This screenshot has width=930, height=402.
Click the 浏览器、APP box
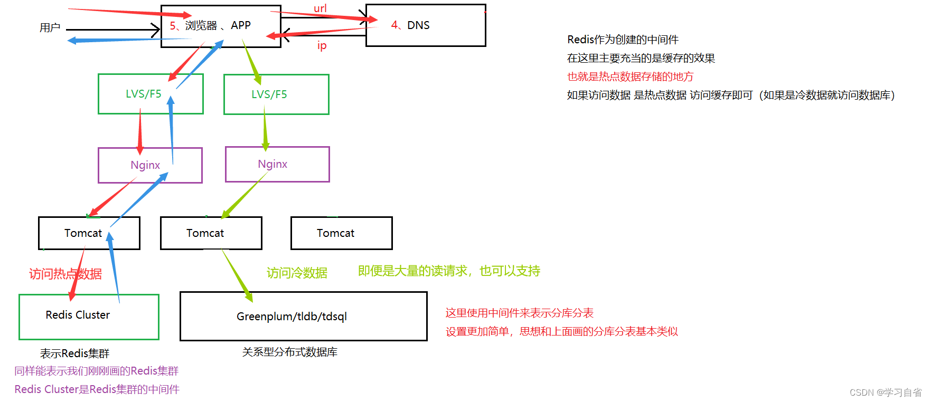(x=221, y=26)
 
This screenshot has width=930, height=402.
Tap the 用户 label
(x=50, y=27)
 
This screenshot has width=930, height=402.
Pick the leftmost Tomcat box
(x=83, y=233)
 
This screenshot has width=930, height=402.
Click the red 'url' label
(x=320, y=8)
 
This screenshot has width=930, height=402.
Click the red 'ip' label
(x=322, y=45)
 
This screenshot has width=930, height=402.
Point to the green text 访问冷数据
(x=297, y=273)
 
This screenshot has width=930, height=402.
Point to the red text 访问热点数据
(x=65, y=274)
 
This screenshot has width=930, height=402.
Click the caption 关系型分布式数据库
(x=289, y=352)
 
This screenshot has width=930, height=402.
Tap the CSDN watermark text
(x=885, y=393)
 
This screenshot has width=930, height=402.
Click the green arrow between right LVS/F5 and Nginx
(x=265, y=130)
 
